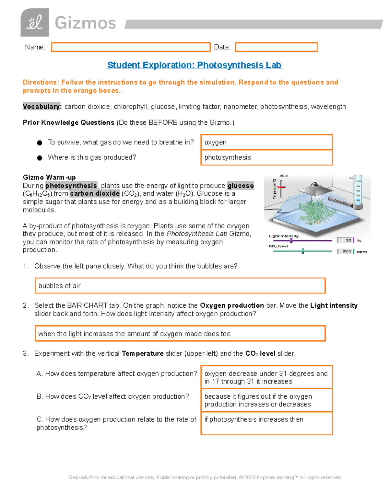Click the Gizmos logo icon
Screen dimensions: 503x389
(x=35, y=23)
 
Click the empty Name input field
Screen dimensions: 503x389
(x=131, y=47)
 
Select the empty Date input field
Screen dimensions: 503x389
(x=276, y=47)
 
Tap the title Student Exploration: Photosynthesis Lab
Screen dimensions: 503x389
(x=194, y=65)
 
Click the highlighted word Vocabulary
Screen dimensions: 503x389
(x=41, y=107)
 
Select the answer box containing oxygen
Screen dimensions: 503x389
(x=266, y=142)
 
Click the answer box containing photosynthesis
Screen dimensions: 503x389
(x=266, y=157)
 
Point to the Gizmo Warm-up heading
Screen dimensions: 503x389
(x=49, y=177)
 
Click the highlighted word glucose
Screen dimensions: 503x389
(x=241, y=186)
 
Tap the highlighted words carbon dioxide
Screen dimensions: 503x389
(x=95, y=194)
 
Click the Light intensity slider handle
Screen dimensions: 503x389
(x=291, y=240)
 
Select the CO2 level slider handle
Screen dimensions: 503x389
(x=303, y=251)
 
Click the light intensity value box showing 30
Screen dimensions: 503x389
(x=345, y=240)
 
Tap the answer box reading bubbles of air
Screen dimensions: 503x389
(x=180, y=286)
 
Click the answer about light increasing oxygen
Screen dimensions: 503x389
(x=180, y=334)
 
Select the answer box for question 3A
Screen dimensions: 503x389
(x=266, y=377)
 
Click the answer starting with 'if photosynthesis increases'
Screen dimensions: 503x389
(x=266, y=423)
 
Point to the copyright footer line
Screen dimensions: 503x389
(x=205, y=477)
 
